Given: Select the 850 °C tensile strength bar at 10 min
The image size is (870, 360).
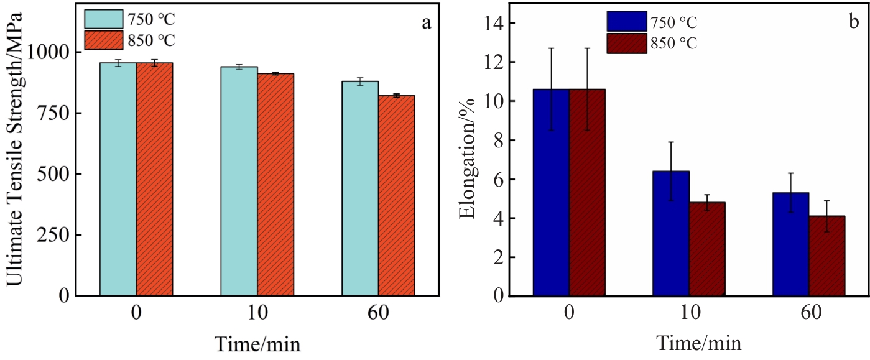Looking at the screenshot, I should point(275,184).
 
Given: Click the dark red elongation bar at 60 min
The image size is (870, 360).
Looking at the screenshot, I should point(827,256).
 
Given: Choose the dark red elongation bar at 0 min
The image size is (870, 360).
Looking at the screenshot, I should point(587,192).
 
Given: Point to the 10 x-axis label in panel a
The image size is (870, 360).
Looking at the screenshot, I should point(257,313).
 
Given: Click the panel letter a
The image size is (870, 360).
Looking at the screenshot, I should point(426,24).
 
